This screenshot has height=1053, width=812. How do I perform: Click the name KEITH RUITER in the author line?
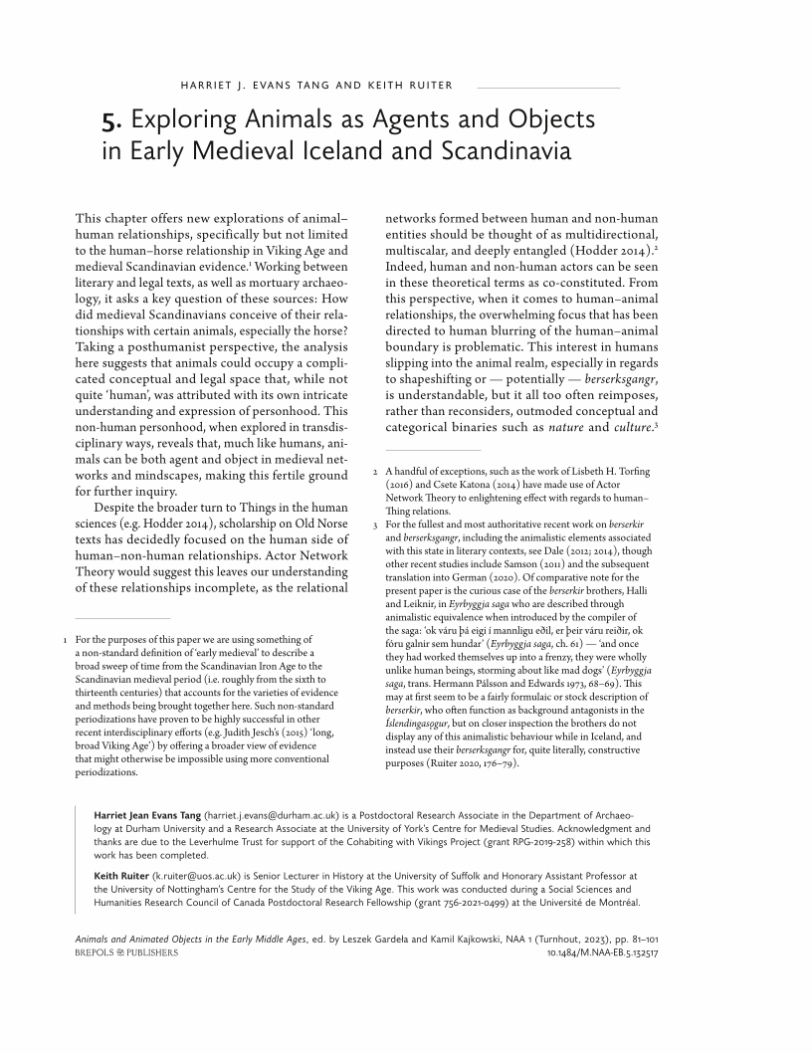(408, 85)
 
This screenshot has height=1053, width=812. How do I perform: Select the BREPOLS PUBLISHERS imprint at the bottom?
(127, 952)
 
